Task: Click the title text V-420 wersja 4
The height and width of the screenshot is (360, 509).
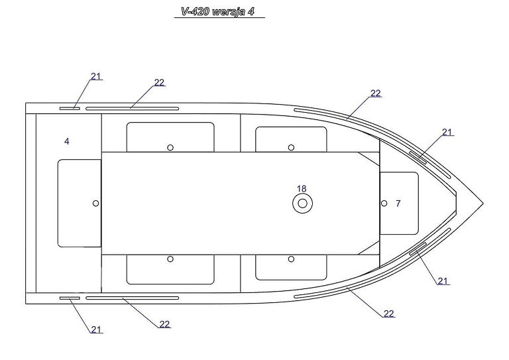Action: (218, 12)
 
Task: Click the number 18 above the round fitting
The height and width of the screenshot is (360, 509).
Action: (302, 188)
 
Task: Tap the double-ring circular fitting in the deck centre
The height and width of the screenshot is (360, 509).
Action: (302, 204)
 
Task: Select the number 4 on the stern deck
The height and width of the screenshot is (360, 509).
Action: (67, 141)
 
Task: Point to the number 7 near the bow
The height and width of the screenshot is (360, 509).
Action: (398, 204)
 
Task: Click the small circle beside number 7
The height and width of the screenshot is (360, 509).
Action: (384, 204)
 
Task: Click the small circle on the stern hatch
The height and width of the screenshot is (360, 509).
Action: (95, 204)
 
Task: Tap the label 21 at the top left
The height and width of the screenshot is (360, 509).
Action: (95, 76)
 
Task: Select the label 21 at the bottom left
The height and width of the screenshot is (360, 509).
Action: (96, 330)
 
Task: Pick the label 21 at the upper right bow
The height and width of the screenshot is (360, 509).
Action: (447, 132)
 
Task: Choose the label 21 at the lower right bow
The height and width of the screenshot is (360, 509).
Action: (443, 281)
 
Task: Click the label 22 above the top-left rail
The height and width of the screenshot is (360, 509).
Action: (159, 82)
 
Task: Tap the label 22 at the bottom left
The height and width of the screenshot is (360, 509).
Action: (164, 324)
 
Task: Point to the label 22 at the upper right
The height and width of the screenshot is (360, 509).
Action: (376, 93)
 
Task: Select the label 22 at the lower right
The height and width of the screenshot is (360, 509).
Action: (389, 314)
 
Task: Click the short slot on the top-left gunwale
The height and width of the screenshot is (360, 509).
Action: (70, 109)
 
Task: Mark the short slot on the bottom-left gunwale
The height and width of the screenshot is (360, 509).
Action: (70, 298)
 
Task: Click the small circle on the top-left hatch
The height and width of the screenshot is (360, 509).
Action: (170, 148)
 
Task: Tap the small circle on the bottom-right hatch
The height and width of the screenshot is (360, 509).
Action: (291, 259)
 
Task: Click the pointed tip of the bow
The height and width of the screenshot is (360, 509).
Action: (483, 204)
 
